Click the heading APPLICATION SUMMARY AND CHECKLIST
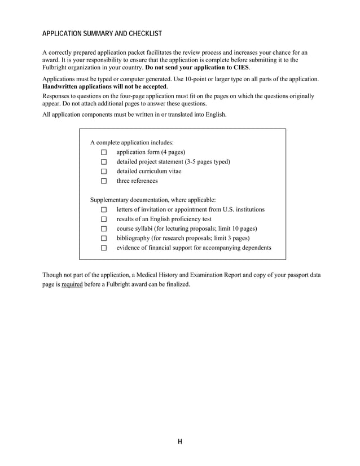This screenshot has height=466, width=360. click(x=102, y=34)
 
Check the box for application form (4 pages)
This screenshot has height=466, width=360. click(x=104, y=152)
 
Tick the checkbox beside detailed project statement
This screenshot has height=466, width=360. click(x=104, y=162)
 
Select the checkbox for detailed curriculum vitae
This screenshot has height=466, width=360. click(x=104, y=172)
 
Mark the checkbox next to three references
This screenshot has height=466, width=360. click(x=104, y=181)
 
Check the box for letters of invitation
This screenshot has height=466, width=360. click(x=104, y=210)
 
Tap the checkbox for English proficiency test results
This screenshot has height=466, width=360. click(x=104, y=219)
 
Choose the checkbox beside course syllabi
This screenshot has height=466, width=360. click(x=104, y=229)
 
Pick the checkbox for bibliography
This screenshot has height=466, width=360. click(x=104, y=239)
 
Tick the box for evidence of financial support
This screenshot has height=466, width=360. click(x=104, y=248)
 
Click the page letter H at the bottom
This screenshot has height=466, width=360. click(x=179, y=442)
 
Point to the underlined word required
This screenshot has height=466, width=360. click(x=72, y=284)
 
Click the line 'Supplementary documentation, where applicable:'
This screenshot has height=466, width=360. click(x=153, y=200)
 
